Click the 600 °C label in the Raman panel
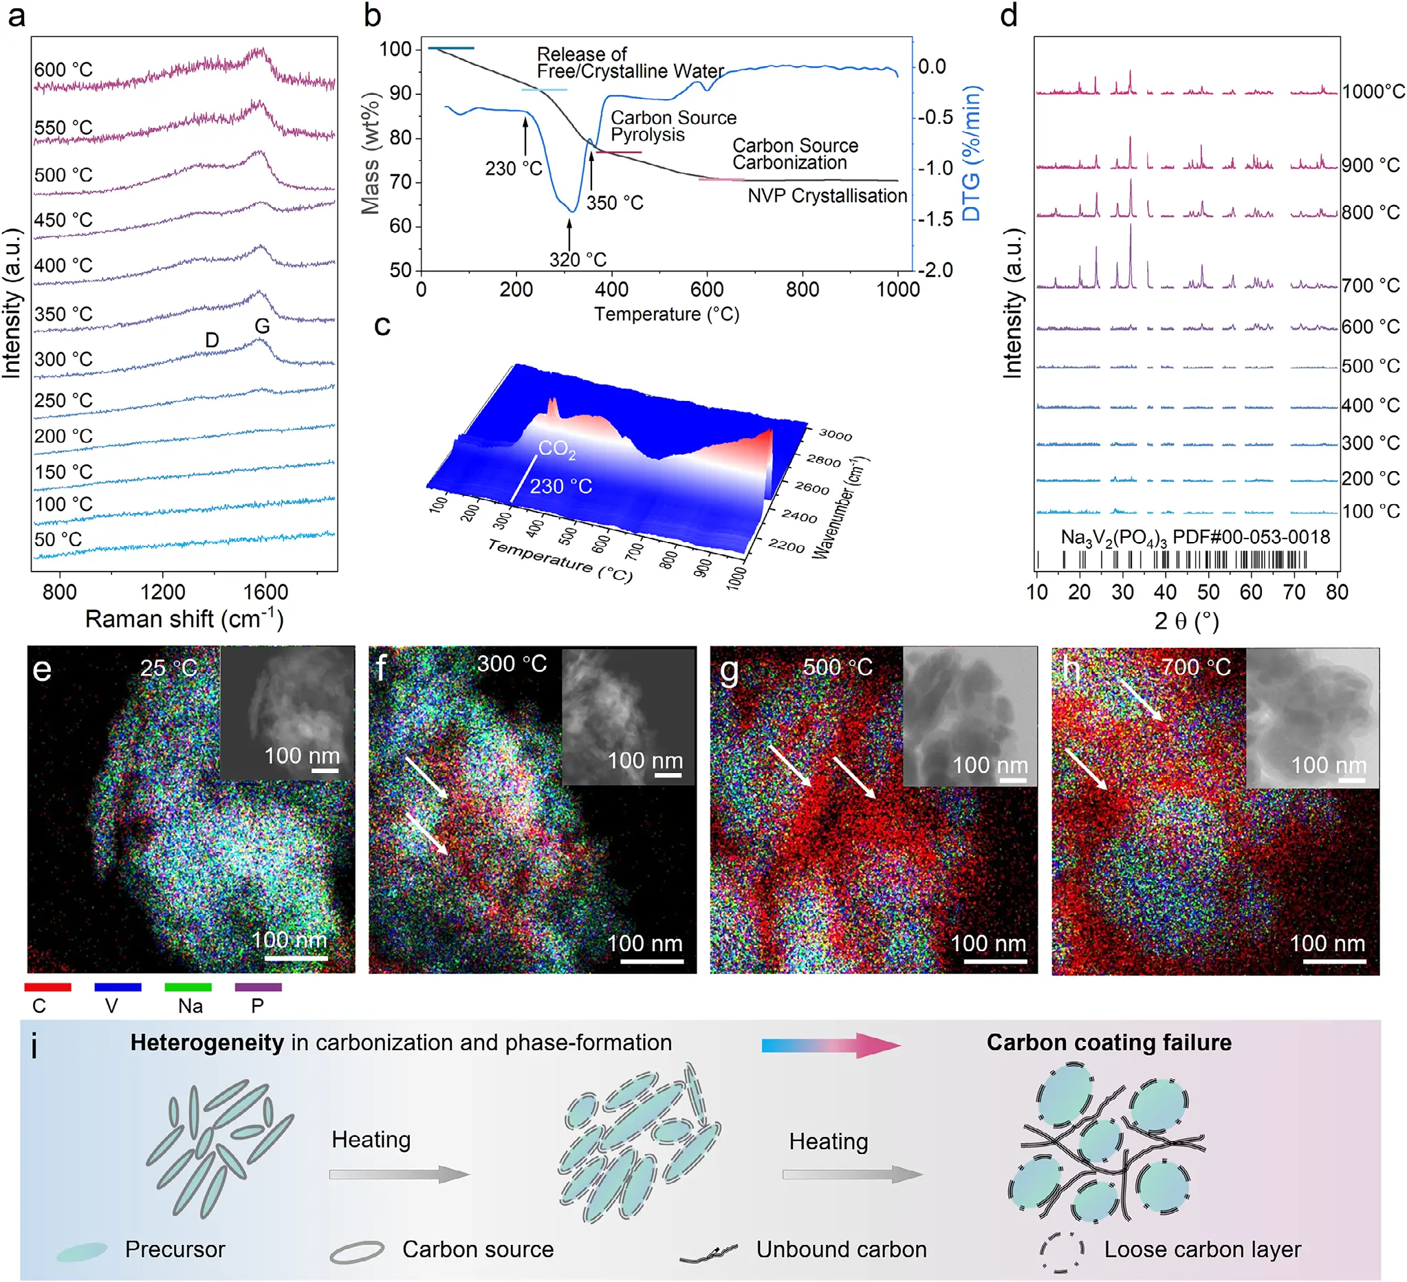point(63,69)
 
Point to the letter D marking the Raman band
point(212,340)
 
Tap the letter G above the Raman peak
point(262,326)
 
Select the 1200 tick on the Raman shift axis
point(162,591)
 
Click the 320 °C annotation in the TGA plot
point(577,259)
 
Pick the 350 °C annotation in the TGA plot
point(614,203)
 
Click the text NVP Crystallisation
point(827,196)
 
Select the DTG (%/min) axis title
point(972,153)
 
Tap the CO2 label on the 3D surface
point(557,449)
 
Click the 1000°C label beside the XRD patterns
point(1373,92)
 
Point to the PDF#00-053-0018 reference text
point(1251,536)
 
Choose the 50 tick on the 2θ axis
point(1208,591)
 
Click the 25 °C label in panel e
point(169,669)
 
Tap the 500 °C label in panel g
point(838,667)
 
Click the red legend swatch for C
point(47,987)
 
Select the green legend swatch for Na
point(188,987)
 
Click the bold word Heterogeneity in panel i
point(206,1043)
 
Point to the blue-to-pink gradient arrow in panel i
point(831,1045)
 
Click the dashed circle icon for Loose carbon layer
point(1062,1249)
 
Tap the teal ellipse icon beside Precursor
point(82,1251)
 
